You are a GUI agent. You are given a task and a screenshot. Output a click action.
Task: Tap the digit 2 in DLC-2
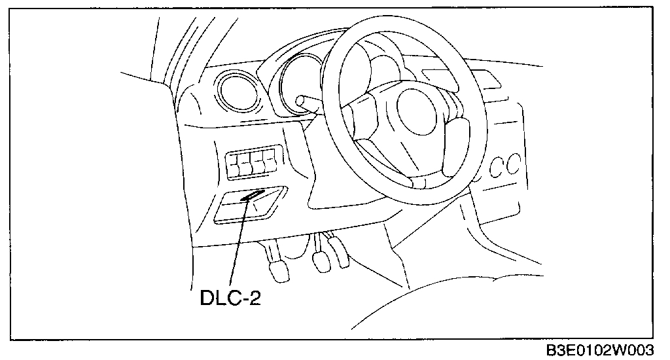261,298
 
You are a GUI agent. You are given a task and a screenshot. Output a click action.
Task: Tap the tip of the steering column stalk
302,100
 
